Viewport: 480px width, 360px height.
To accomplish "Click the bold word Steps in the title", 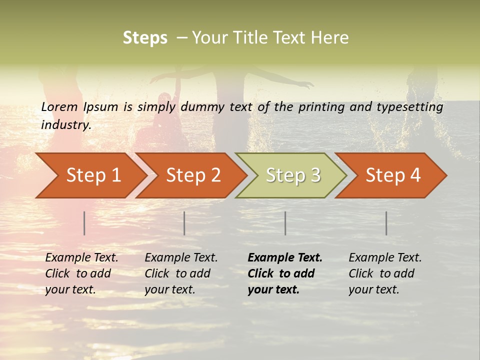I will tap(145, 38).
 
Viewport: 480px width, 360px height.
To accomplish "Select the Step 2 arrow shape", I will tap(193, 175).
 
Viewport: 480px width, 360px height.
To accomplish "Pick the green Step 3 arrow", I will tap(293, 175).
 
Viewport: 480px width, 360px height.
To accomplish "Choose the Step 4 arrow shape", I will tap(393, 175).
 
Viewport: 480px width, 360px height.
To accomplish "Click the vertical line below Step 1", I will tap(84, 223).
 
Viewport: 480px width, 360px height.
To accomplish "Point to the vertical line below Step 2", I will tap(184, 223).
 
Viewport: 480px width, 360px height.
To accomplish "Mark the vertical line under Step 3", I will tap(285, 223).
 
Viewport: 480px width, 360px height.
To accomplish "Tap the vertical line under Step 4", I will tap(386, 223).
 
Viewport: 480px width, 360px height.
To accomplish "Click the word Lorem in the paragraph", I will tap(59, 107).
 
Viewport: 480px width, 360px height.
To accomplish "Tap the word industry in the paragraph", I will tap(66, 125).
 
